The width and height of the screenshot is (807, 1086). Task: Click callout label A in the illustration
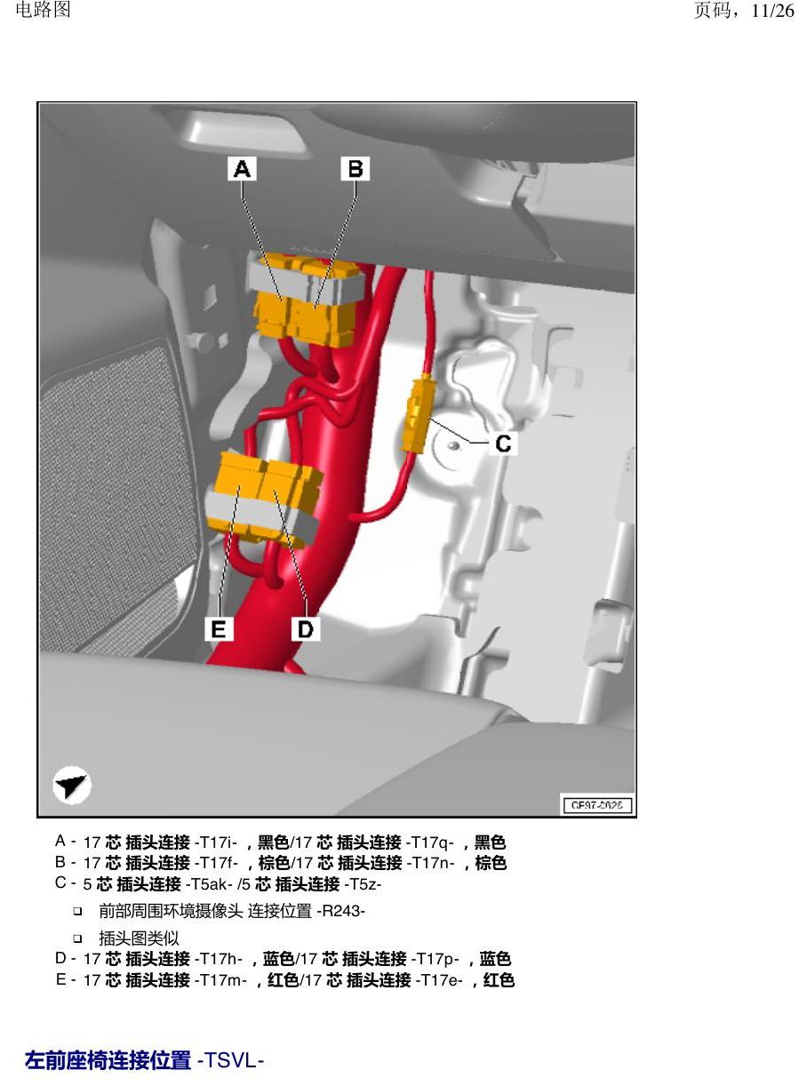coord(242,169)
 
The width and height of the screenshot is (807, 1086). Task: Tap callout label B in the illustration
coord(355,169)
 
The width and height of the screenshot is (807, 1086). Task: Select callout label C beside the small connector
coord(503,443)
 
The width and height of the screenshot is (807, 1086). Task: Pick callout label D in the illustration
coord(306,628)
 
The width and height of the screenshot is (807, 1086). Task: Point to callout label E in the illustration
coord(219,628)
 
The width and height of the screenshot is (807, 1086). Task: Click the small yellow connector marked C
coord(416,414)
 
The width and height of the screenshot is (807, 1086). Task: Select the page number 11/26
coord(772,11)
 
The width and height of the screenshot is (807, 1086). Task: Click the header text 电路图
coord(43,10)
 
